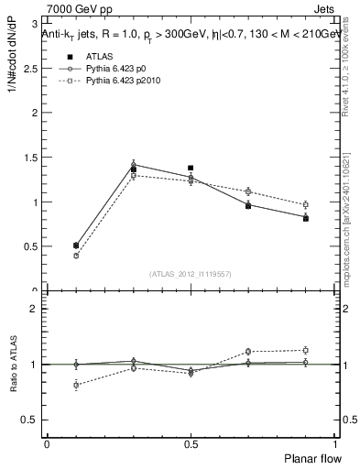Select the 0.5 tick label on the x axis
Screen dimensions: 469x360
191,444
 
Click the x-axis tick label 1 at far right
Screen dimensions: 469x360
334,444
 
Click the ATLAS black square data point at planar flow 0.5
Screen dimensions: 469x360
191,169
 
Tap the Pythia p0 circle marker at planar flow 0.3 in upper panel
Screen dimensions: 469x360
134,164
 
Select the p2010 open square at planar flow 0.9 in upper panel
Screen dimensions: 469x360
305,204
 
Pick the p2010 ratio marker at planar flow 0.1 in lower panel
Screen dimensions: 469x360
76,385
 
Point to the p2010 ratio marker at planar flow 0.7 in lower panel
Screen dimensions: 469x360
248,352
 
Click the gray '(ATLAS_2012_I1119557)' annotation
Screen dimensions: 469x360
190,274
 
